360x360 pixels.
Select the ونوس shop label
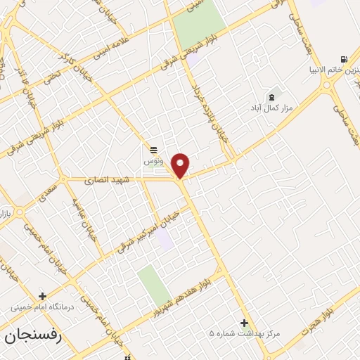point(153,161)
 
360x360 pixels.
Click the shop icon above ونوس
point(153,149)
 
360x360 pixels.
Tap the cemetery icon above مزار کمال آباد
point(272,96)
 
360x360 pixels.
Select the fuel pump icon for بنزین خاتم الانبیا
point(342,59)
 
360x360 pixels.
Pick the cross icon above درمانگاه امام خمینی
point(44,296)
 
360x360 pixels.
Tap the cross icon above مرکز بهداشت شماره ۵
point(244,323)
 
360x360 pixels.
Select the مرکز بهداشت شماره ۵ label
point(245,333)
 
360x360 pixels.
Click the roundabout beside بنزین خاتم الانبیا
point(328,85)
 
